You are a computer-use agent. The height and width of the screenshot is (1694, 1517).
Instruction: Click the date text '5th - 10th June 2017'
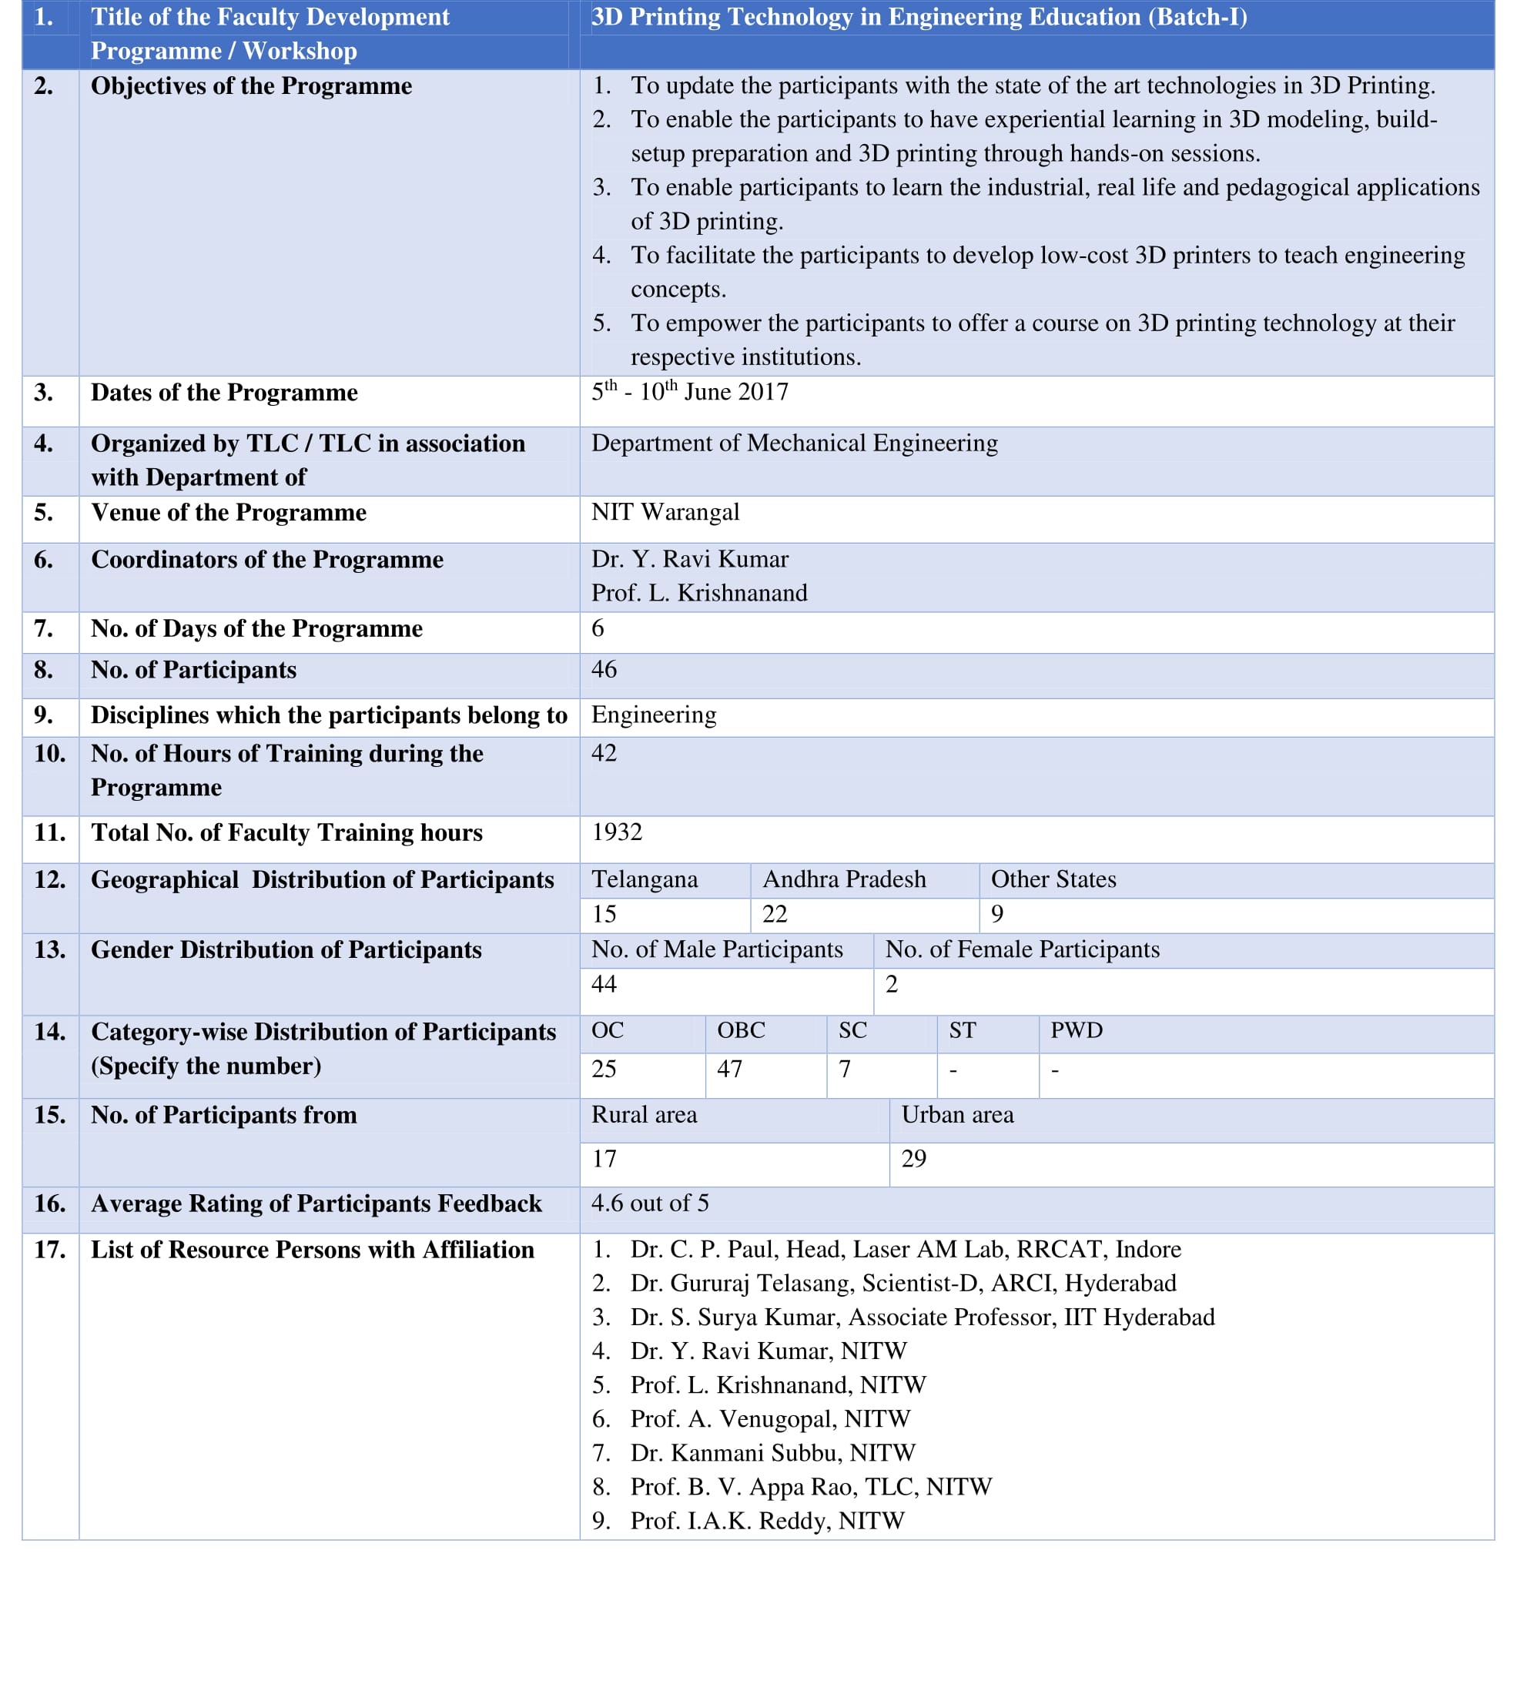click(x=689, y=392)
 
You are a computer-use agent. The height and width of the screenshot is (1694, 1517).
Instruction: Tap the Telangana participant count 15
click(x=604, y=914)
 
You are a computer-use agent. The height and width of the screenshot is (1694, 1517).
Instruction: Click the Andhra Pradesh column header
click(x=843, y=879)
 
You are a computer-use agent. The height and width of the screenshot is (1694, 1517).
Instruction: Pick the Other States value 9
click(x=997, y=914)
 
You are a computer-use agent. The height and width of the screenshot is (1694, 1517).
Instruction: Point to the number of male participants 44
click(x=604, y=984)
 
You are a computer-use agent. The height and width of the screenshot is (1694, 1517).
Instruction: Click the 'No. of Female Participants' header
click(x=1022, y=949)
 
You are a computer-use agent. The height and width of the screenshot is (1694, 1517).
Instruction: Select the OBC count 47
click(x=729, y=1069)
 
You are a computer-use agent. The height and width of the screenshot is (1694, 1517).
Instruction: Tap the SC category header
click(x=852, y=1031)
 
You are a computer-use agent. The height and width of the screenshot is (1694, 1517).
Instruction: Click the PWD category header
click(x=1076, y=1031)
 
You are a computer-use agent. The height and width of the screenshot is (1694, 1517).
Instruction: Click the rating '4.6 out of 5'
click(x=650, y=1204)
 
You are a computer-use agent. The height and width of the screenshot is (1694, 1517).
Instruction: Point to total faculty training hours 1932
click(x=617, y=832)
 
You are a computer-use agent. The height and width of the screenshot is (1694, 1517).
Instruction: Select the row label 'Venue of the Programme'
click(x=229, y=513)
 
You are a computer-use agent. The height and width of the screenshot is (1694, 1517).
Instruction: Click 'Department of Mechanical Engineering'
click(x=795, y=444)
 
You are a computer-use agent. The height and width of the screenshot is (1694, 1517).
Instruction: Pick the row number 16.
click(x=49, y=1204)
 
